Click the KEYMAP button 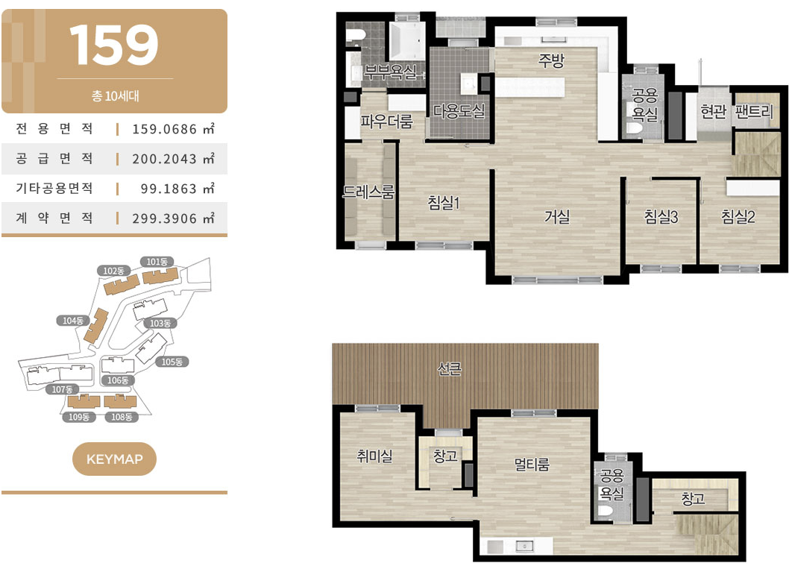click(114, 459)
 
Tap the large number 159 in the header click(114, 45)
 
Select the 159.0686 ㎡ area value click(173, 129)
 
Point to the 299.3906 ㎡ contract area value click(173, 218)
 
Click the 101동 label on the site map click(157, 262)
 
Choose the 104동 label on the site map click(73, 321)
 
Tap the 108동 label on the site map click(122, 417)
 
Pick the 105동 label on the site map click(172, 362)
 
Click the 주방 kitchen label click(551, 60)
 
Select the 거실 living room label click(557, 216)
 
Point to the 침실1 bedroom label click(444, 203)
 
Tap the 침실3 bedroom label click(661, 216)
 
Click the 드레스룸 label click(368, 192)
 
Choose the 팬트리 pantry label click(754, 111)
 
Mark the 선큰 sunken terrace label click(449, 369)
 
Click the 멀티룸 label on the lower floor click(532, 464)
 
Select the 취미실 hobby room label click(374, 456)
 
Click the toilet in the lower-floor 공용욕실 click(605, 512)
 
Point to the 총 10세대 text click(115, 96)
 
